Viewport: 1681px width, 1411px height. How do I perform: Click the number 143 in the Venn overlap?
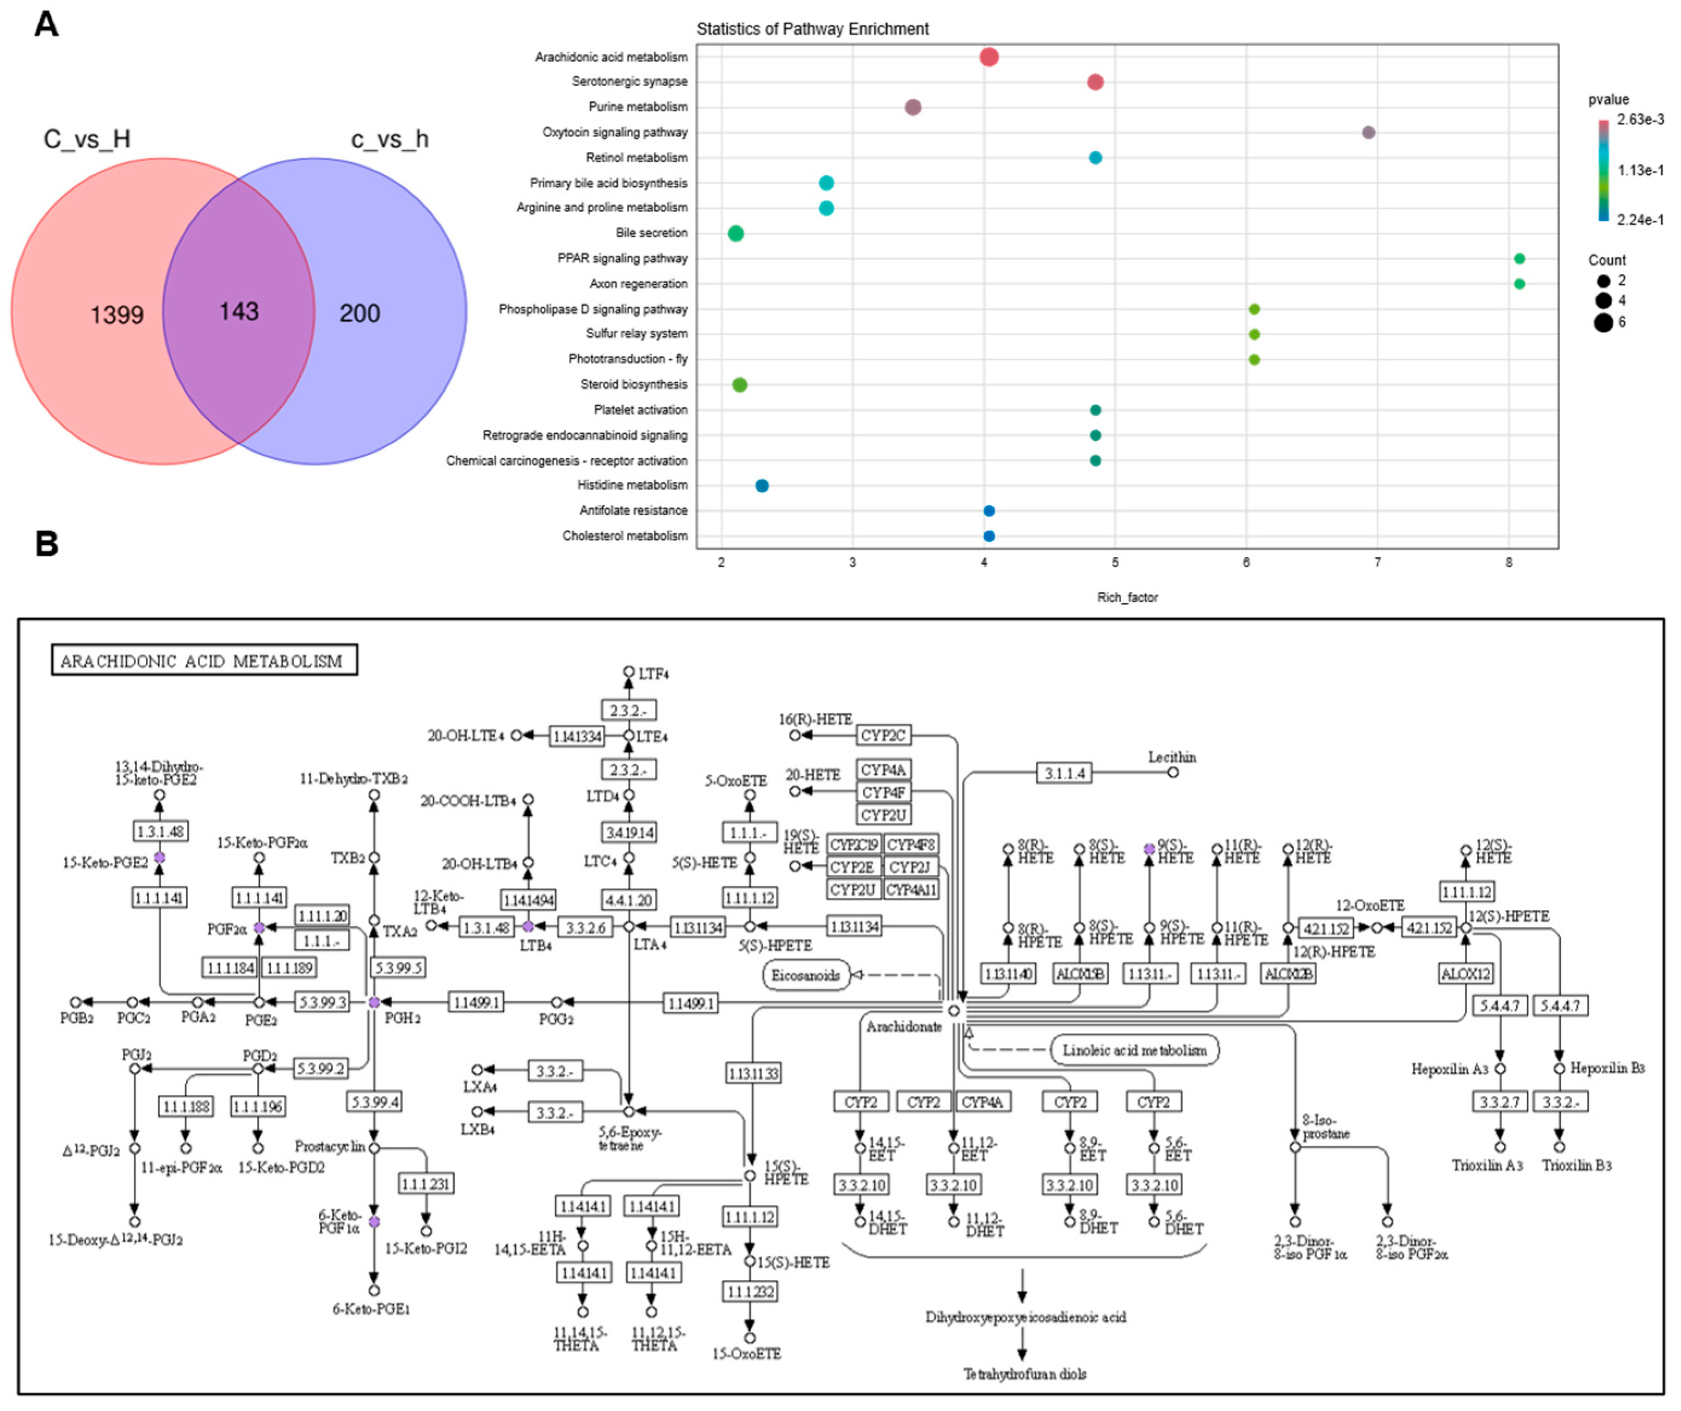tap(238, 311)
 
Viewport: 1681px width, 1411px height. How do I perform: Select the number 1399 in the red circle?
tap(117, 315)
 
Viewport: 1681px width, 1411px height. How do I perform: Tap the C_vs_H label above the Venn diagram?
tap(87, 139)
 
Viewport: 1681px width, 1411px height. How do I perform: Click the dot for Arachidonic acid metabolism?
tap(990, 57)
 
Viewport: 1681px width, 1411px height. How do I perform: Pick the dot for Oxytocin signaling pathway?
tap(1369, 132)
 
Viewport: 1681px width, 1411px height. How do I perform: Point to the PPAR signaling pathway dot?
tap(1519, 258)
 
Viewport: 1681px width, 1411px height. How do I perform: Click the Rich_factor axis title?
tap(1127, 597)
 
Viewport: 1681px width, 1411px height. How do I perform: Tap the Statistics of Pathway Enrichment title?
tap(813, 29)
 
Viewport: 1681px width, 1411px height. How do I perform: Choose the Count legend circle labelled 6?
tap(1603, 323)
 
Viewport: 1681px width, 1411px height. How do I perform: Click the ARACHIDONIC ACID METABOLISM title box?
tap(204, 661)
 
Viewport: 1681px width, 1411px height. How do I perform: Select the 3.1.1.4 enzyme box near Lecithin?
tap(1064, 773)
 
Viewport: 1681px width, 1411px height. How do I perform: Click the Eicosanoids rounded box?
tap(805, 975)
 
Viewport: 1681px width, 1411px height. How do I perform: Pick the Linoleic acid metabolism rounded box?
tap(1134, 1050)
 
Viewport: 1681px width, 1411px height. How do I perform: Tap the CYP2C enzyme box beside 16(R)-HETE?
tap(883, 735)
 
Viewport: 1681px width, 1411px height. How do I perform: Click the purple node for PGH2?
tap(374, 1002)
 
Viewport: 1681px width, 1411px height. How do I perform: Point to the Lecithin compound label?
tap(1172, 757)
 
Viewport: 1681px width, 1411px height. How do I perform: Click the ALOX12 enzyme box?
tap(1465, 973)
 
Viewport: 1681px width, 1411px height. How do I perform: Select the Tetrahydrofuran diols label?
tap(1024, 1374)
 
